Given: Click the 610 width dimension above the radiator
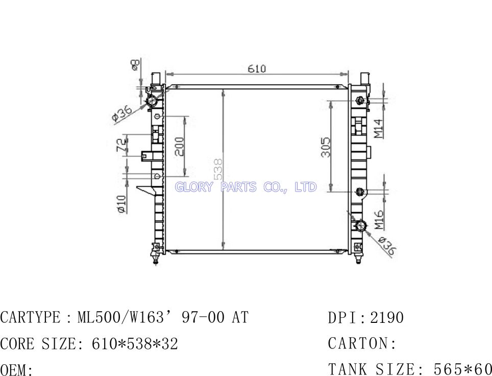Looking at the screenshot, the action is [257, 68].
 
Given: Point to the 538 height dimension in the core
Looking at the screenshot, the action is [218, 169].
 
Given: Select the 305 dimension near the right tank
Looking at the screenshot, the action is [326, 147].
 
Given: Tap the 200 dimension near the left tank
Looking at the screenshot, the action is [180, 147].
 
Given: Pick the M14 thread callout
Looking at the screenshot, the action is [379, 128].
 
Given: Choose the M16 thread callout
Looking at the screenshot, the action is [379, 220].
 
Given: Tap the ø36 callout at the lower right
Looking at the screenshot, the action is [387, 246].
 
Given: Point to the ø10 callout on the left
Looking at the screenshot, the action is [122, 204].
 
